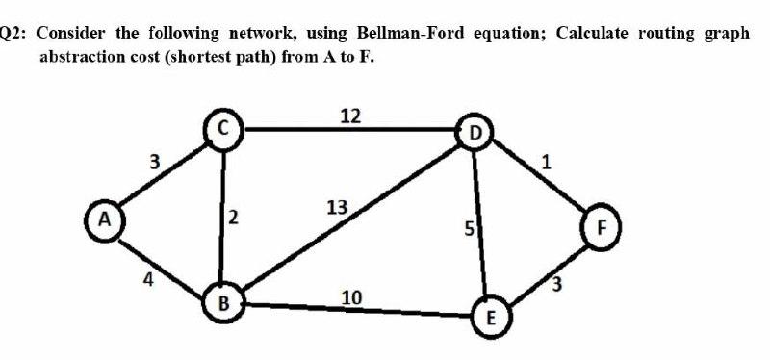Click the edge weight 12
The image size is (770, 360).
(x=351, y=116)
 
